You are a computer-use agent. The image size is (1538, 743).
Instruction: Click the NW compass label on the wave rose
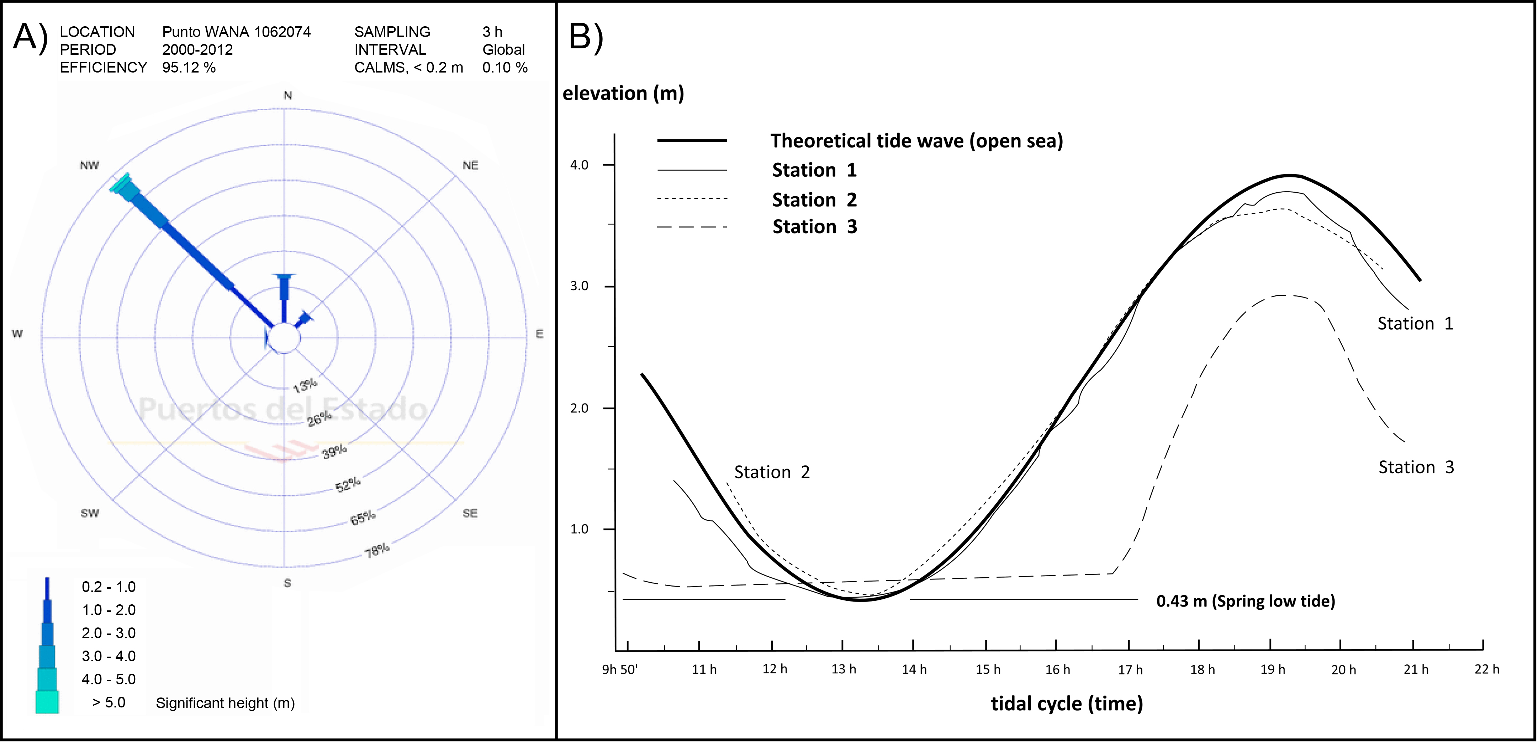click(x=90, y=165)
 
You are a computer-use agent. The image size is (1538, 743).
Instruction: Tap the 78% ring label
click(x=377, y=550)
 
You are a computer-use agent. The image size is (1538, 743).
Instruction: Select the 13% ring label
click(x=305, y=385)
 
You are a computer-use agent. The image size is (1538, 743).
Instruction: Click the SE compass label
click(x=470, y=513)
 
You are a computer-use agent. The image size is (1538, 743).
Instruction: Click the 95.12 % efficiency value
click(x=189, y=68)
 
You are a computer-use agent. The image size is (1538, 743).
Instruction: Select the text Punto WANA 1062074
click(x=237, y=32)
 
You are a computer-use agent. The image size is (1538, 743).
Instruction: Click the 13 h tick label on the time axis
click(x=844, y=669)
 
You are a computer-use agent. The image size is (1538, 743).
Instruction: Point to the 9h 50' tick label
click(x=620, y=669)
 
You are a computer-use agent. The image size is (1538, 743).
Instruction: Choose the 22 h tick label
click(x=1487, y=669)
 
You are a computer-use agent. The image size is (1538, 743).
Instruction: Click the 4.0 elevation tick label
click(x=579, y=165)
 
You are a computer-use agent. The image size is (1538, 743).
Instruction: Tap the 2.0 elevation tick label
click(x=579, y=408)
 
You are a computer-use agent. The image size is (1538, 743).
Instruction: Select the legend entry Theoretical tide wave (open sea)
click(x=916, y=141)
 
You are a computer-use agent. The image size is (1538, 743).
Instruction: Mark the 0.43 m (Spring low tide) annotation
click(x=1246, y=601)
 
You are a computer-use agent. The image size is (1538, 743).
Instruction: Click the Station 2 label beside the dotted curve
click(x=771, y=472)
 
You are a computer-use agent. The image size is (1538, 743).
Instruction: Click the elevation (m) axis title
click(x=623, y=93)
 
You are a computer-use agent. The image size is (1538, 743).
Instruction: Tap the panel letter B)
click(x=586, y=37)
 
